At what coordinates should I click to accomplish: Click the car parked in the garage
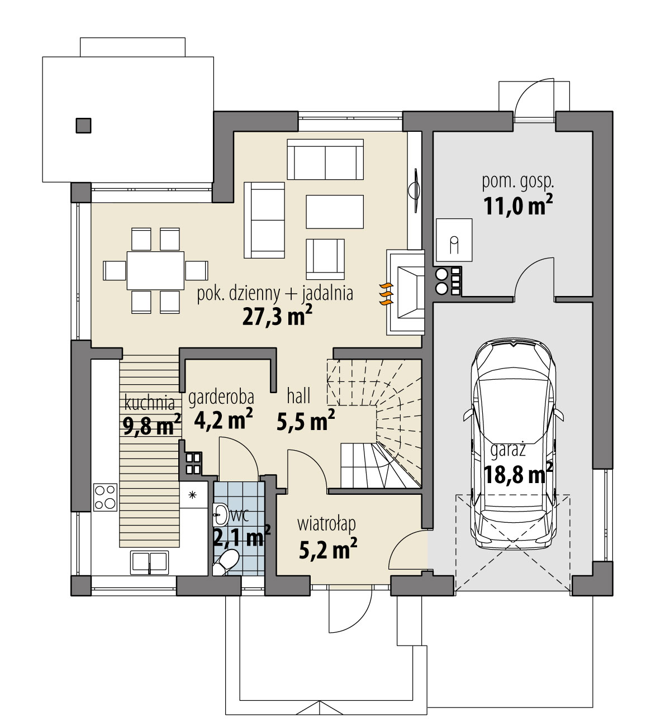[x=513, y=447]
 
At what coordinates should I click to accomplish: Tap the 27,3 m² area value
[x=277, y=317]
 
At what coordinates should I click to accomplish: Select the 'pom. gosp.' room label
[x=517, y=181]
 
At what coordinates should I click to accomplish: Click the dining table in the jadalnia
[x=155, y=270]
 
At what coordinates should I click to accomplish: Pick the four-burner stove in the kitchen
[x=106, y=496]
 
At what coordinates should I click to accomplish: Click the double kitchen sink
[x=149, y=562]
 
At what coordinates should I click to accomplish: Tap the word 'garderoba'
[x=221, y=397]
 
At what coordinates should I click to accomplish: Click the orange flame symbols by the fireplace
[x=384, y=294]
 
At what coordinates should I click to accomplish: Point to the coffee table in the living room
[x=334, y=212]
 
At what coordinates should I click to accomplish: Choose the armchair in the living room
[x=325, y=258]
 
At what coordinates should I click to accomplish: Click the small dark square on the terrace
[x=83, y=126]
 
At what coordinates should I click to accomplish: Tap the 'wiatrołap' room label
[x=326, y=524]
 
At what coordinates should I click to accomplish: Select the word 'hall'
[x=298, y=397]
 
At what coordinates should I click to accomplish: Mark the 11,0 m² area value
[x=517, y=206]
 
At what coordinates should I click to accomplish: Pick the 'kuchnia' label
[x=149, y=403]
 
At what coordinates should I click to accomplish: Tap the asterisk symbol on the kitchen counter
[x=193, y=495]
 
